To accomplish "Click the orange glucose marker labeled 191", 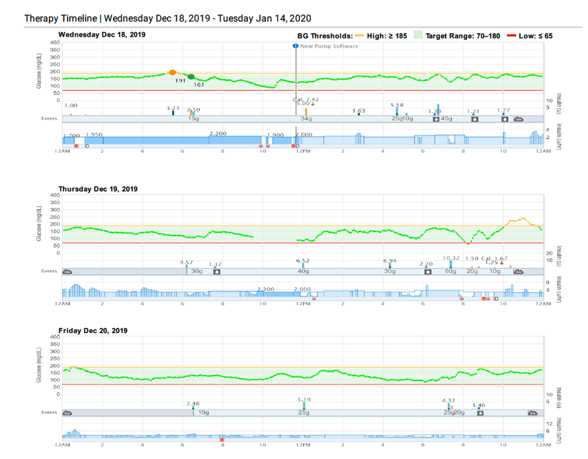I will pos(173,72).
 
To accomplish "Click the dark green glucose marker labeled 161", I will pos(191,77).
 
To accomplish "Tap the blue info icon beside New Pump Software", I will pos(295,46).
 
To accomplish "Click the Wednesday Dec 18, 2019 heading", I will pos(101,34).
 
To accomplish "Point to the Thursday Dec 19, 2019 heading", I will pos(98,189).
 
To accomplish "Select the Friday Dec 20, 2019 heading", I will pos(92,330).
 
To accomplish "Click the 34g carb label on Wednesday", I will pos(307,119).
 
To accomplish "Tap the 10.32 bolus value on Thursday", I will pos(451,258).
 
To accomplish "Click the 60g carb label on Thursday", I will pos(450,271).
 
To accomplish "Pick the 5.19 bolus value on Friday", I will pos(304,399).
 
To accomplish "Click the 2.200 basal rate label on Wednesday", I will pos(218,133).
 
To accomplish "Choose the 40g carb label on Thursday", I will pos(303,271).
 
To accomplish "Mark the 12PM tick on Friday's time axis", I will pos(302,445).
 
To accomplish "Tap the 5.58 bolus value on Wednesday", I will pos(397,104).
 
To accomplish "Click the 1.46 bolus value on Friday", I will pos(479,405).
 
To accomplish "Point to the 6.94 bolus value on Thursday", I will pos(390,260).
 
